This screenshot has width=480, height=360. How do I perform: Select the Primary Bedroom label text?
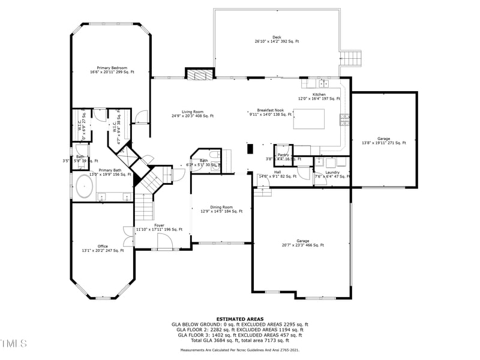click(112, 70)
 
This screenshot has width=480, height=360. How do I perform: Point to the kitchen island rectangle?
click(309, 118)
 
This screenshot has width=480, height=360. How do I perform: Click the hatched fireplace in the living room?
click(199, 74)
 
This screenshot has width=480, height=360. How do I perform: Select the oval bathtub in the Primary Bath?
click(83, 187)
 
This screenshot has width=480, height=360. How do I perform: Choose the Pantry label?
click(283, 155)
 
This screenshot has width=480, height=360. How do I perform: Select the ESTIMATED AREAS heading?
click(240, 319)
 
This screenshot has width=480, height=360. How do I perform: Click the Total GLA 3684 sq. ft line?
click(240, 340)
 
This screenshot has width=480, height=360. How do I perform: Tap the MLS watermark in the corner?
click(14, 343)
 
